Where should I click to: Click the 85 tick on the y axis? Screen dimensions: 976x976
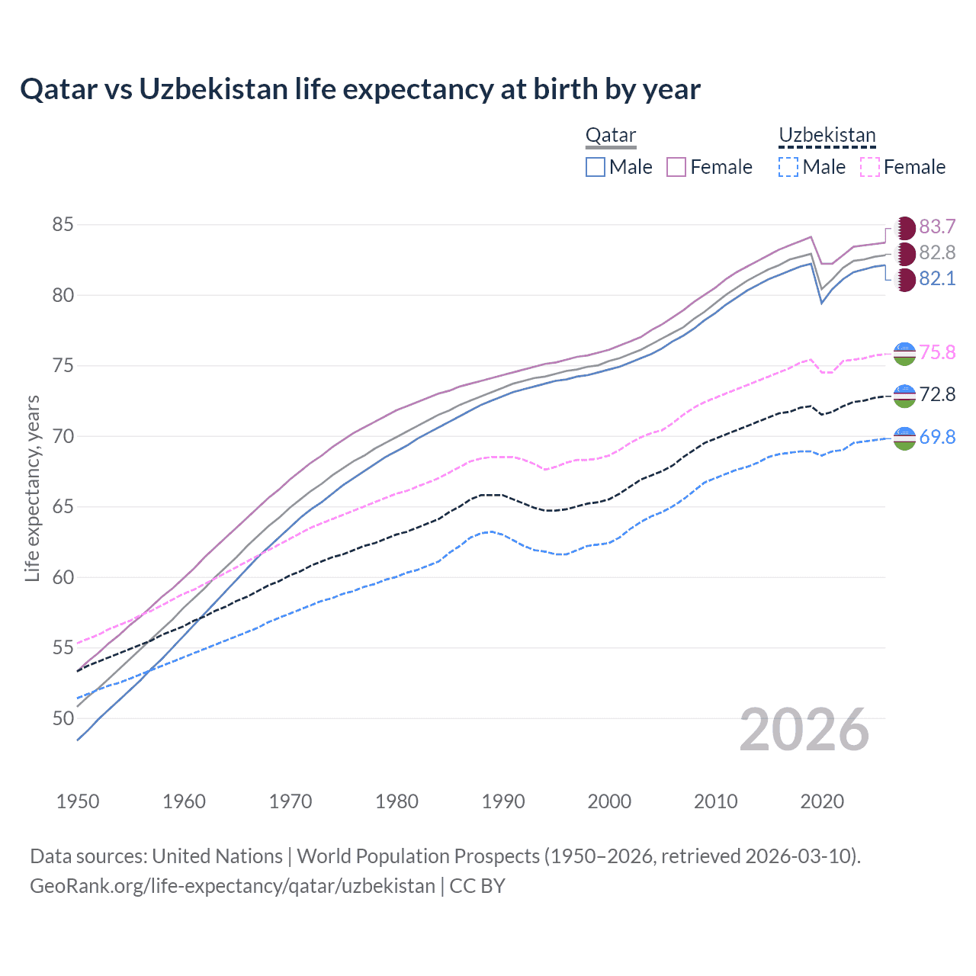coord(63,225)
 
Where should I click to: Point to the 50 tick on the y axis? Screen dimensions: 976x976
coord(63,718)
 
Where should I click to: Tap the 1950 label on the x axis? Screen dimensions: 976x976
coord(78,801)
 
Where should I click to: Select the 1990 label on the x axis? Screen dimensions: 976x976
coord(503,801)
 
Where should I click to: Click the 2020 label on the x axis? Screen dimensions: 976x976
coord(822,801)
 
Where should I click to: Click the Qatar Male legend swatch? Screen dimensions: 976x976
coord(596,167)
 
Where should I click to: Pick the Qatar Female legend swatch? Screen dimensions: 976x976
coord(676,167)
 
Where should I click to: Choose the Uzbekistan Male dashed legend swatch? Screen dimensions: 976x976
coord(788,167)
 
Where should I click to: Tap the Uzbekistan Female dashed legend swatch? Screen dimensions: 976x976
coord(870,167)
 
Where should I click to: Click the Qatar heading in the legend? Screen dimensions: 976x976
coord(611,136)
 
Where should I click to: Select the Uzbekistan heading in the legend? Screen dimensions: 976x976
coord(827,136)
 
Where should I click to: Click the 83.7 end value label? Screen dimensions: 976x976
coord(937,227)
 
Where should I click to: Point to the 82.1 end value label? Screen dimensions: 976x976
coord(937,279)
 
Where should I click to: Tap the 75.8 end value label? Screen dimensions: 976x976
coord(937,352)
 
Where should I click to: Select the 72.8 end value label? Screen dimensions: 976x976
coord(937,394)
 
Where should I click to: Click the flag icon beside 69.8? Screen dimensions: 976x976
coord(904,438)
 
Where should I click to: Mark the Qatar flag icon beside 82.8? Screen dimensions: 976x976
coord(904,253)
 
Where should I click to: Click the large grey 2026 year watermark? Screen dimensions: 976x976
coord(804,730)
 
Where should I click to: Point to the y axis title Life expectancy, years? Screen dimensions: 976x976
coord(33,488)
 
